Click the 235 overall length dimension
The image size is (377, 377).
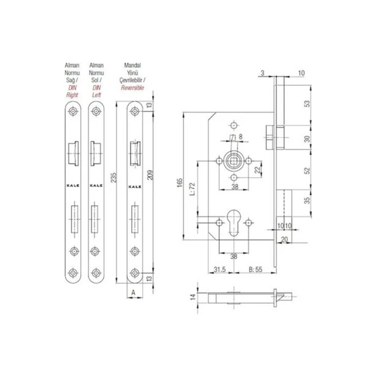[114, 178]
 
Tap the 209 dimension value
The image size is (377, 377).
[150, 175]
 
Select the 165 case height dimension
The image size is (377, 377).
[180, 183]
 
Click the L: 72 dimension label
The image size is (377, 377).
[192, 189]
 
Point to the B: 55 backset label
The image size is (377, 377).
[255, 269]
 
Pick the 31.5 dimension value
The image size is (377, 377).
[220, 269]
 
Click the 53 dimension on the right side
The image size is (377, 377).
[308, 104]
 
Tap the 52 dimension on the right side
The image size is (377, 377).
[308, 171]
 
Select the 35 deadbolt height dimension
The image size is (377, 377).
[308, 200]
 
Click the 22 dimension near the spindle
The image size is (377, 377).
[257, 170]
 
